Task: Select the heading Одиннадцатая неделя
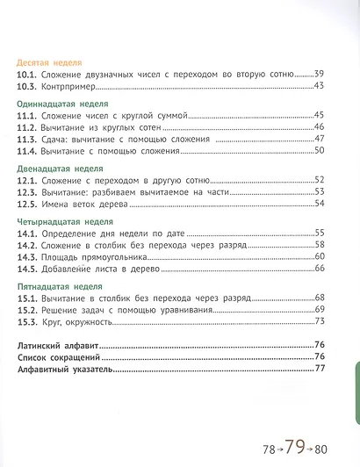(x=58, y=103)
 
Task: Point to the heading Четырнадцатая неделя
(x=60, y=219)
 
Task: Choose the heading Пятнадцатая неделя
(x=56, y=284)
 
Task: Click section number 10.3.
(x=29, y=85)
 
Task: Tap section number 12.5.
(x=29, y=204)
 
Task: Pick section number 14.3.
(x=29, y=255)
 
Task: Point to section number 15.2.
(x=29, y=309)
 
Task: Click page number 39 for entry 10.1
(x=320, y=74)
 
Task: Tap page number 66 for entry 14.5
(x=320, y=268)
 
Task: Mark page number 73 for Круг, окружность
(x=320, y=321)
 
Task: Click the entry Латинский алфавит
(x=60, y=345)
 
